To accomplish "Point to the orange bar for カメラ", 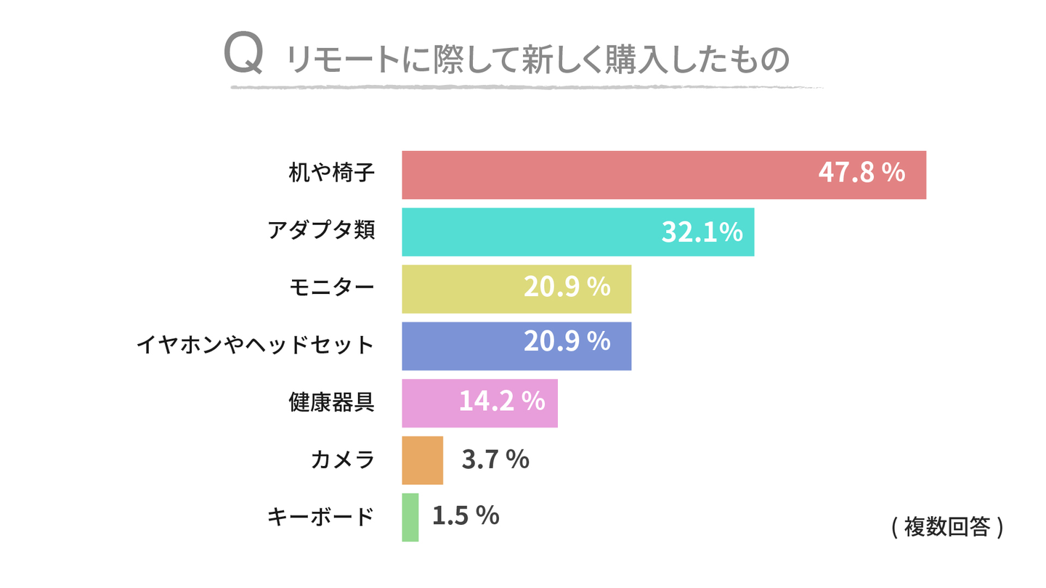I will [x=422, y=460].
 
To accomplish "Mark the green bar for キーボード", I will [x=410, y=518].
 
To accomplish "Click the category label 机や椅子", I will [x=331, y=174].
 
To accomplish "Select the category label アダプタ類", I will [x=320, y=232].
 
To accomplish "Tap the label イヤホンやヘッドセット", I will [x=255, y=346].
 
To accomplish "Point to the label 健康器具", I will [x=331, y=403].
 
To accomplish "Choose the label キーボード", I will [x=320, y=517].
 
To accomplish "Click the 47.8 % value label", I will [x=861, y=173].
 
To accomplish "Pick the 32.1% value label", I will [x=702, y=232].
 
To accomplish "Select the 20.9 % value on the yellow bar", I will [x=567, y=287].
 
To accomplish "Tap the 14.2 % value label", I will [x=501, y=401].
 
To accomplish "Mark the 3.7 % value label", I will [x=495, y=459].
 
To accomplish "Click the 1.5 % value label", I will [x=466, y=515].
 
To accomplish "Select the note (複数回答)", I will [x=946, y=527].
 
